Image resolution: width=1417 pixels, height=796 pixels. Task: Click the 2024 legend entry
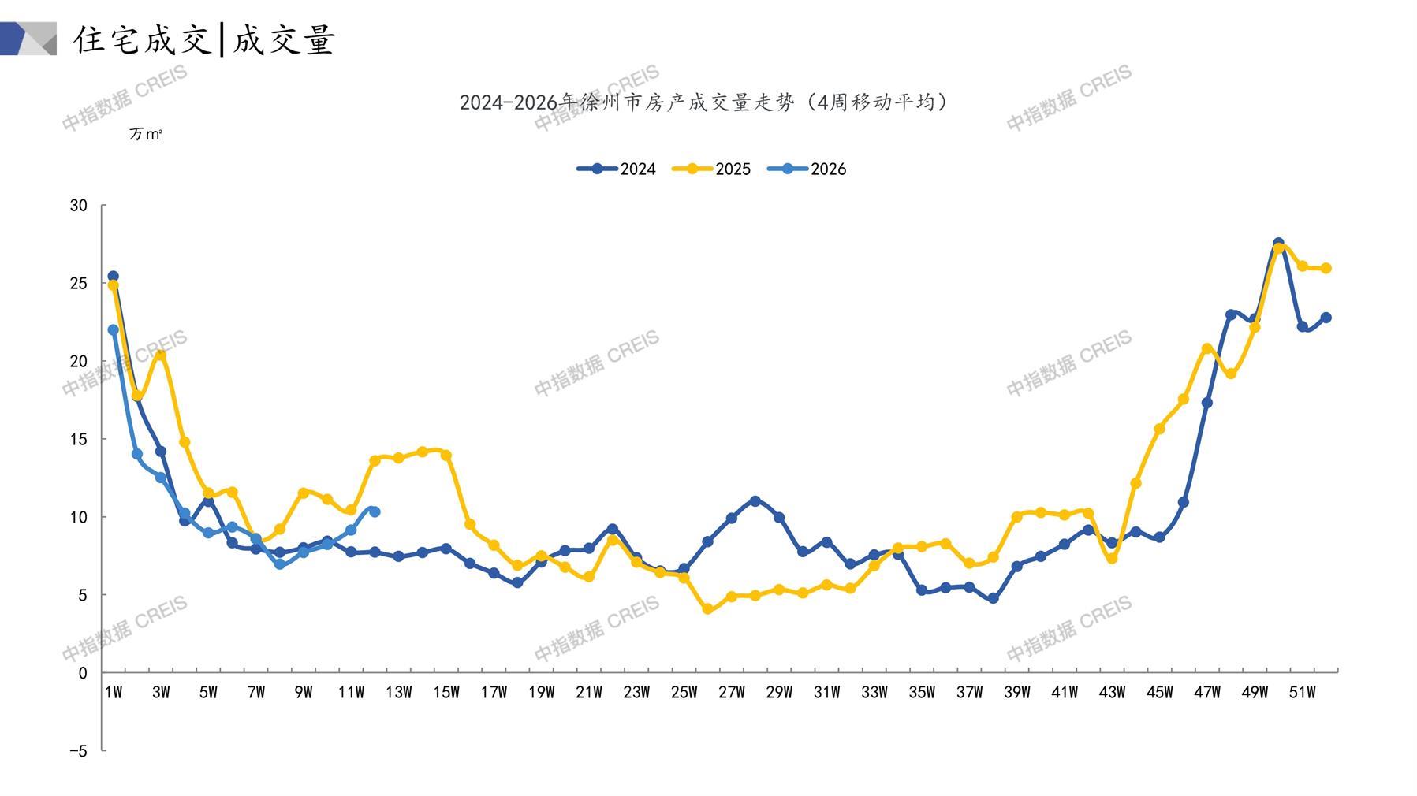tap(617, 169)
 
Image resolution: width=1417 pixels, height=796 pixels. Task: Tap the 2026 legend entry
tap(807, 169)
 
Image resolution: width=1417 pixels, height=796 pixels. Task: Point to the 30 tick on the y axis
tap(79, 206)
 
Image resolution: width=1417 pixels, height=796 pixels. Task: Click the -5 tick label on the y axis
tap(78, 751)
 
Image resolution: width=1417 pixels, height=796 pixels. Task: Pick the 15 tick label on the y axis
tap(79, 439)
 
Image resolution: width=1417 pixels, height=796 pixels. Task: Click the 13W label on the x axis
tap(398, 693)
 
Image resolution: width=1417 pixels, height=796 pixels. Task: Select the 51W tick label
tap(1302, 693)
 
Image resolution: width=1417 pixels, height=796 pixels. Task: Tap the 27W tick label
tap(731, 693)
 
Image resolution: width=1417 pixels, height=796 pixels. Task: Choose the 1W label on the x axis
tap(114, 693)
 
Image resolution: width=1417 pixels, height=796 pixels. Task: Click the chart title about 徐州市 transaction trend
tap(704, 102)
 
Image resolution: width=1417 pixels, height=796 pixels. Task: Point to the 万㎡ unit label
tap(146, 135)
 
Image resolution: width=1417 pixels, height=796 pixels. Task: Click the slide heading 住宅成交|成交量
tap(204, 39)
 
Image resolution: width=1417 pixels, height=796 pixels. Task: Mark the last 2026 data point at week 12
tap(375, 511)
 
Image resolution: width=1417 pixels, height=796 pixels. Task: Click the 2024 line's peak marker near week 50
tap(1278, 244)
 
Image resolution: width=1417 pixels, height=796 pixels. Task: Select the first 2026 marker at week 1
tap(114, 330)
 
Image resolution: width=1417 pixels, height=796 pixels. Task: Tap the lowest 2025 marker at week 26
tap(707, 609)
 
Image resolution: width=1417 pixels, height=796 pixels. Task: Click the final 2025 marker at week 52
tap(1326, 269)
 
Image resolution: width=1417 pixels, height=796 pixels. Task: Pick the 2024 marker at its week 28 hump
tap(755, 501)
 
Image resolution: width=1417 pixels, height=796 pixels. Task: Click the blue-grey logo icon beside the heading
tap(28, 39)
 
